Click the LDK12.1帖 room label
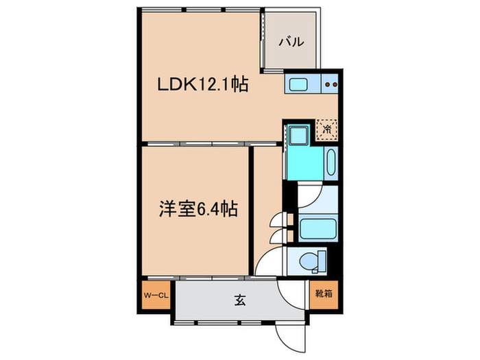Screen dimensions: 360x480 [203, 86]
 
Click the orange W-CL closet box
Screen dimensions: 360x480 [156, 296]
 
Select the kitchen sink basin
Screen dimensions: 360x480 [299, 85]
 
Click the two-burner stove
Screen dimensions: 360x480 [331, 85]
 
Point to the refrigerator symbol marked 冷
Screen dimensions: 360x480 [327, 128]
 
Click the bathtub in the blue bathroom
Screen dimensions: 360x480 [331, 163]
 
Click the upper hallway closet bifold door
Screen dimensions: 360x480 [276, 222]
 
